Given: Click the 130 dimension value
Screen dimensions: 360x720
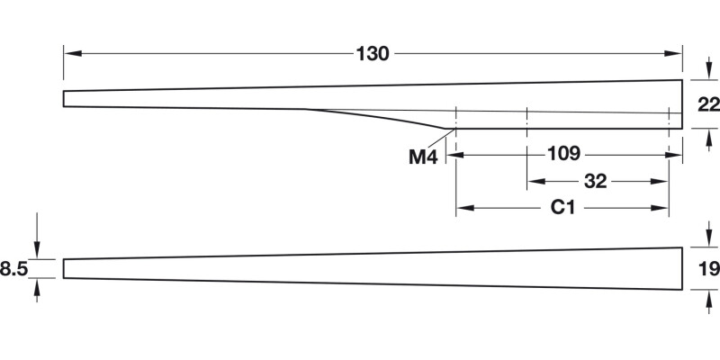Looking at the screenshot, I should tap(372, 54).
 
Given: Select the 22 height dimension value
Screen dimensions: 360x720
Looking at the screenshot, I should tap(708, 104).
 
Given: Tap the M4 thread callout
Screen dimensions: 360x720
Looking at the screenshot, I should tap(422, 157).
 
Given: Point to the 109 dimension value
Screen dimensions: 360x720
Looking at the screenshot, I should tap(563, 154).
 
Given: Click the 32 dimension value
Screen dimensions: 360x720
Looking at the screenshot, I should tap(595, 181).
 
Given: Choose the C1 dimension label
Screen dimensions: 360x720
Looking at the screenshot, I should tap(562, 208).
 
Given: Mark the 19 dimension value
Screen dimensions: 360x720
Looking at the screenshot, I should tap(708, 267).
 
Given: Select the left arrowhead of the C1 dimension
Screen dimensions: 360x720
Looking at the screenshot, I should tap(463, 208).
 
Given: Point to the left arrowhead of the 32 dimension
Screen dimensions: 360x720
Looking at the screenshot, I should tap(534, 181).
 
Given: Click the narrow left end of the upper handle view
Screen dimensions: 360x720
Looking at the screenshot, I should tap(65, 99).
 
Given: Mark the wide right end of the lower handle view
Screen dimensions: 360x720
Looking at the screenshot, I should tap(679, 268).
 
